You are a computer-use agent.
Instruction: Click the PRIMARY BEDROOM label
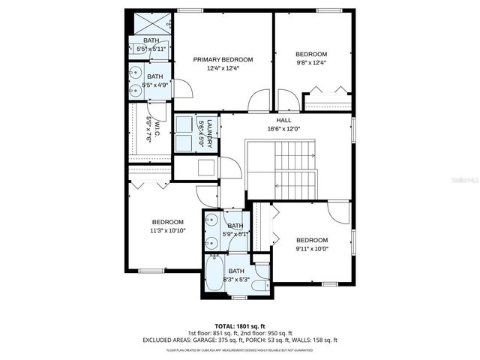coord(223,59)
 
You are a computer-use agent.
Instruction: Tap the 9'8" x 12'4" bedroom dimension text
coord(310,63)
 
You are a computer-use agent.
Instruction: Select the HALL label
coord(283,119)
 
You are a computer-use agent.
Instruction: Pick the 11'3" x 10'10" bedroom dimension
coord(167,231)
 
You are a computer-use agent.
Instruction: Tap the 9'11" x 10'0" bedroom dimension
coord(311,249)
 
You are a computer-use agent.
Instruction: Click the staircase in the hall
coord(294,169)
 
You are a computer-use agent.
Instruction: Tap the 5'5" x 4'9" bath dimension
coord(154,85)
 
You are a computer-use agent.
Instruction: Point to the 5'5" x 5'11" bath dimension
coord(151,49)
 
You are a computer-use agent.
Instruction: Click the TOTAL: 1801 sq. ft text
coord(240,325)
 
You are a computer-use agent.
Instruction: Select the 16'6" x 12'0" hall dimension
coord(283,128)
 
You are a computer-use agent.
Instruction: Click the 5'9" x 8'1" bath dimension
coord(235,235)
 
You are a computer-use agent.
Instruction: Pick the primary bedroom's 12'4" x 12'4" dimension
coord(223,68)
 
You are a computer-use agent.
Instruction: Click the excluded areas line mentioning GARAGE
coord(240,340)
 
